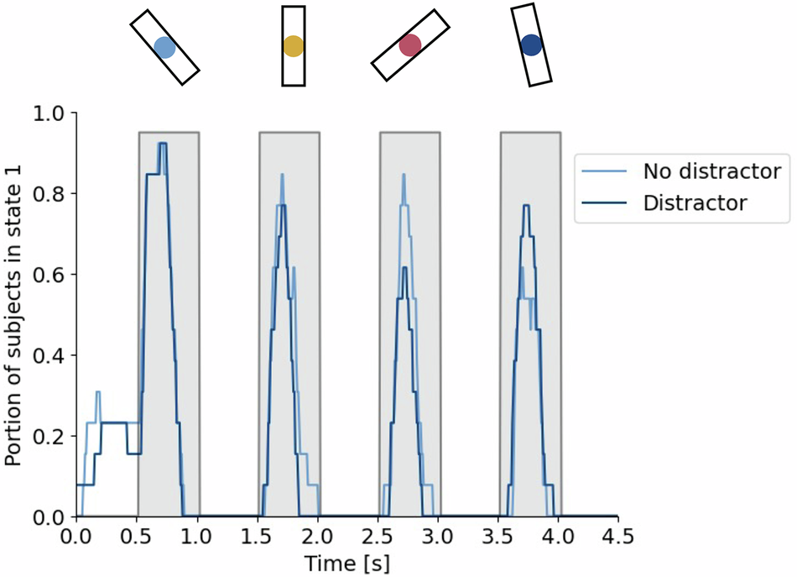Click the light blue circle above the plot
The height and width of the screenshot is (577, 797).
tap(164, 48)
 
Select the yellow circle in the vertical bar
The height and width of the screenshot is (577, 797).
tap(293, 46)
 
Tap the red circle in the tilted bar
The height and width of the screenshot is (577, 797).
tap(409, 45)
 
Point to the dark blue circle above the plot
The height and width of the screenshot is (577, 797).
tap(531, 45)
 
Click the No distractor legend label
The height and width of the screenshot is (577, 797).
tap(712, 171)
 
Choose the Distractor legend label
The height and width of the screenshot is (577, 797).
tap(695, 202)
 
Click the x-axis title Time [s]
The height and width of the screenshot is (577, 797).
tap(346, 561)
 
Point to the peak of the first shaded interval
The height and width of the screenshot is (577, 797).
tap(163, 144)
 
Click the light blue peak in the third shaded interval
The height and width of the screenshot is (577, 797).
tap(404, 175)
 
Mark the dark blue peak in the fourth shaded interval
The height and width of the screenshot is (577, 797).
tap(526, 206)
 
